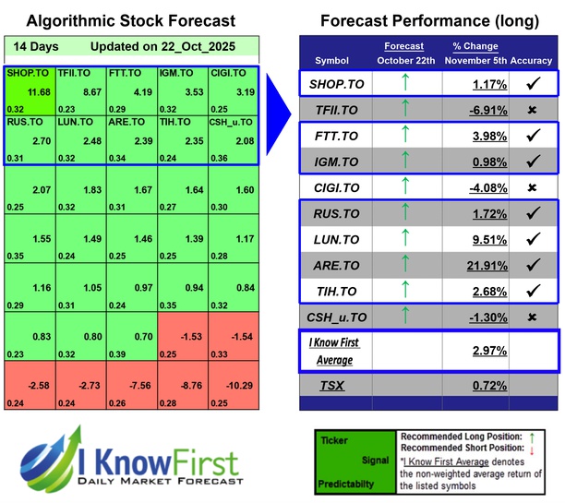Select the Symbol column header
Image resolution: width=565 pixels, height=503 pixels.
pyautogui.click(x=333, y=61)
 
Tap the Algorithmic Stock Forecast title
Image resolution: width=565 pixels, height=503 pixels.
pyautogui.click(x=130, y=20)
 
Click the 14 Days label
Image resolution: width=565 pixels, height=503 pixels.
pyautogui.click(x=35, y=47)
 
